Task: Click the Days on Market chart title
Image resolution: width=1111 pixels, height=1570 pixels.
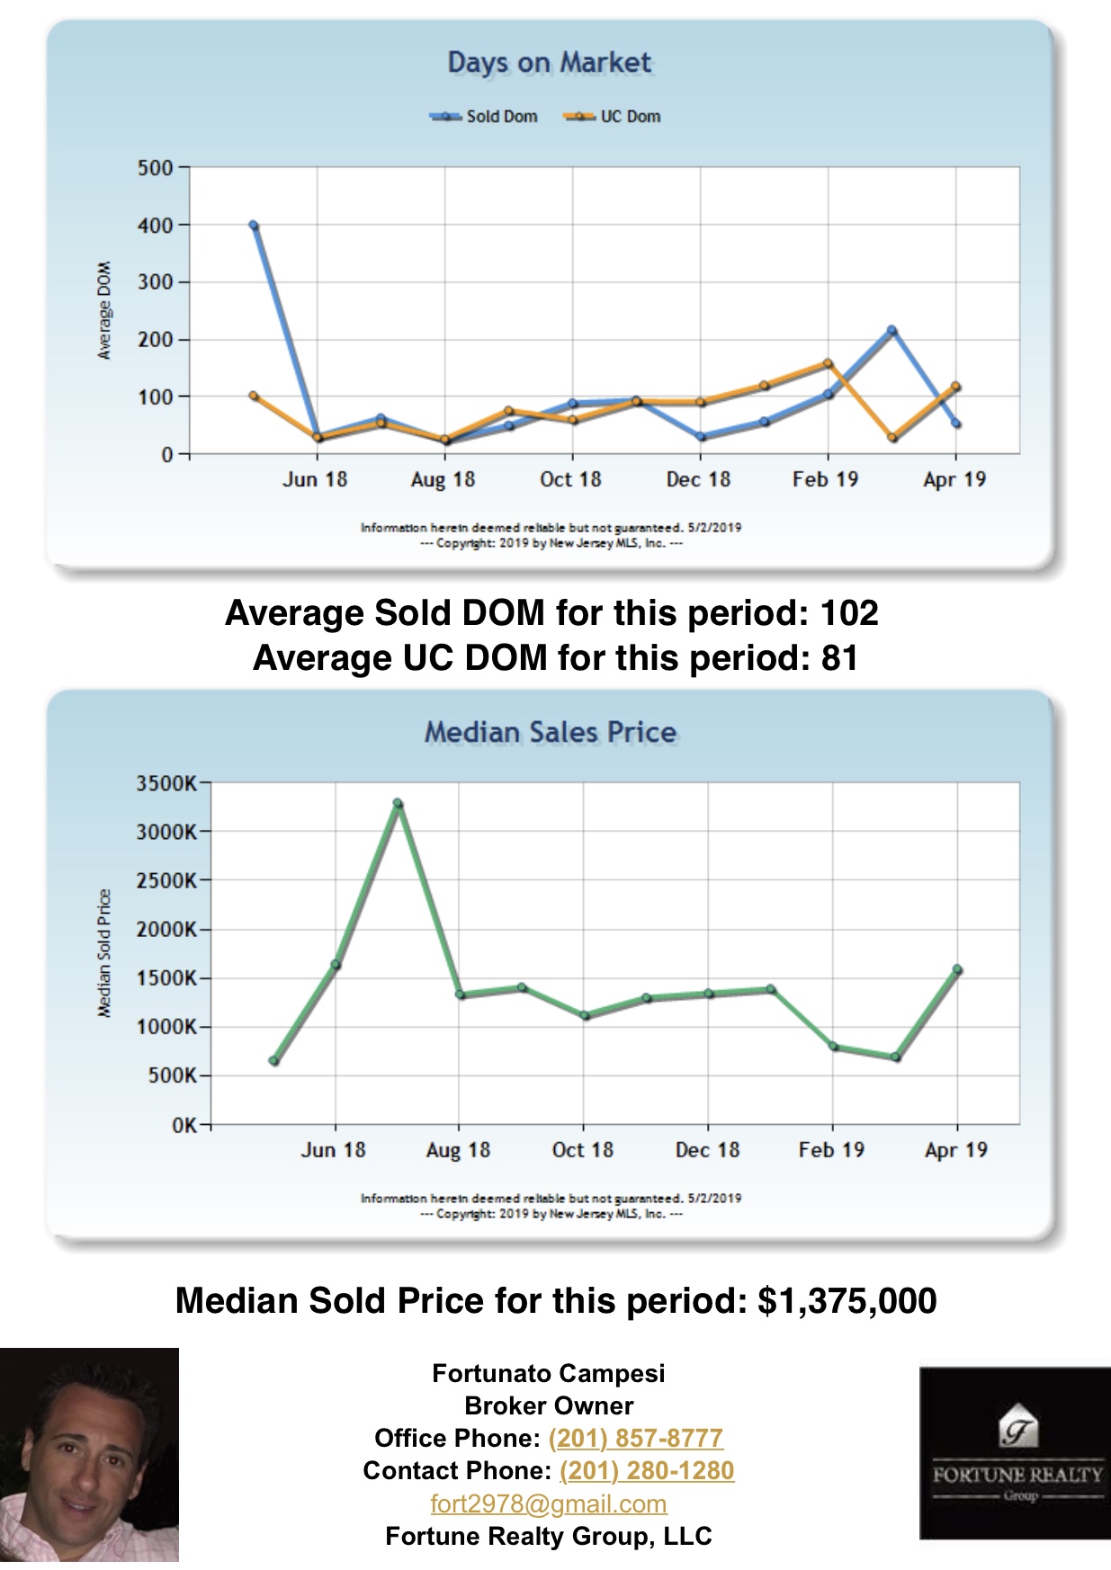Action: click(549, 63)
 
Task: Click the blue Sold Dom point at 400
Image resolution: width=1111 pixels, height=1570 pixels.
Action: click(254, 226)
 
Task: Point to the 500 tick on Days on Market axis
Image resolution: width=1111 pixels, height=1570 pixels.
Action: click(156, 168)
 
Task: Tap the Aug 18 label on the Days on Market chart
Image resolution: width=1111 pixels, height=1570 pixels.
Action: click(443, 479)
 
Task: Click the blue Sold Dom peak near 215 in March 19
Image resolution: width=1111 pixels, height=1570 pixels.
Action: click(891, 330)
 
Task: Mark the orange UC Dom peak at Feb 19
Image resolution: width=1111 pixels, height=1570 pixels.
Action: click(828, 363)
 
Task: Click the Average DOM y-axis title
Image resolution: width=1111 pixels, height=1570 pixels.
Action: click(104, 310)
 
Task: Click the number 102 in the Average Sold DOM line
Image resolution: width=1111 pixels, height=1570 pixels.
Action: click(849, 613)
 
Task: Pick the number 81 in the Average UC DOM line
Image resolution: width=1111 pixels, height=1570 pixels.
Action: click(838, 658)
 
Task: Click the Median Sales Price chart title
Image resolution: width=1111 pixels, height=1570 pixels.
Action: click(550, 732)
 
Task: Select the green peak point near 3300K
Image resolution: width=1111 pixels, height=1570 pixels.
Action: click(398, 803)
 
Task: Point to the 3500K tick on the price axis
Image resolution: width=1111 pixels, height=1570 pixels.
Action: click(166, 783)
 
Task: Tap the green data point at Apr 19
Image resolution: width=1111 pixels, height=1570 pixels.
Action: click(957, 969)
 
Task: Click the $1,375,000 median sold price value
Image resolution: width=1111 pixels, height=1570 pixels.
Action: click(847, 1301)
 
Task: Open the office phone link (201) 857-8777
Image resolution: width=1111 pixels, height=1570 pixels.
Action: click(635, 1439)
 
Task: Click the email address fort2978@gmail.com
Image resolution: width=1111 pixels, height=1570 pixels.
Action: click(549, 1503)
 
